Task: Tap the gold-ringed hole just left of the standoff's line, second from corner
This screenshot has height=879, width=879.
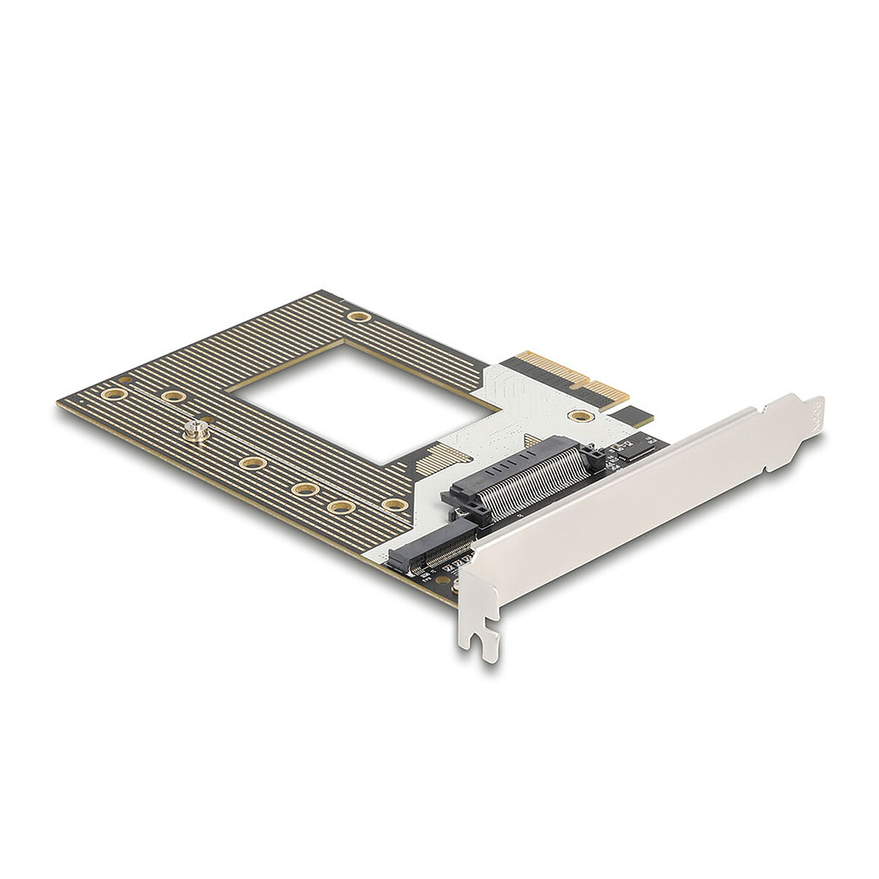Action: point(174,396)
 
